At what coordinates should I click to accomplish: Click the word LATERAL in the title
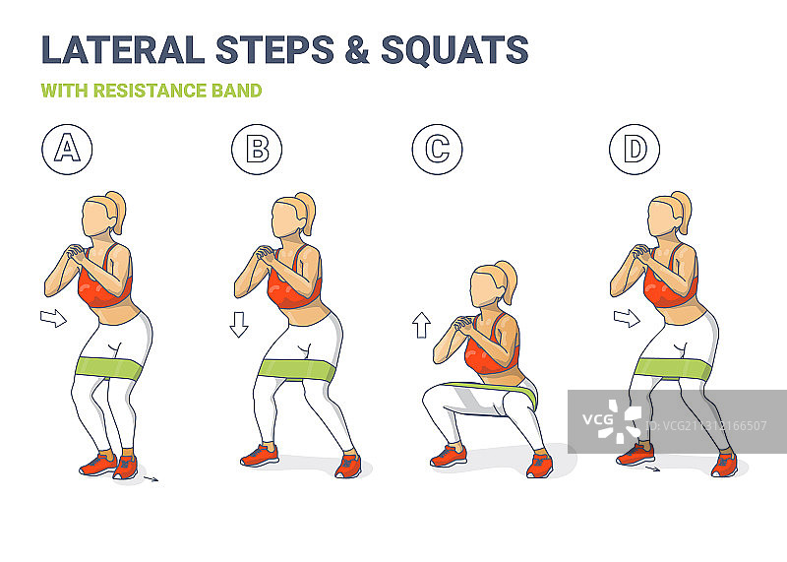(x=123, y=49)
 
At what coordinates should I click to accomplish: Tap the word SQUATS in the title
(x=454, y=49)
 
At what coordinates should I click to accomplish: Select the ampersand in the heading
(x=357, y=49)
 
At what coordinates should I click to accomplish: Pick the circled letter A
(x=67, y=150)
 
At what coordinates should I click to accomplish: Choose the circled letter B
(x=257, y=150)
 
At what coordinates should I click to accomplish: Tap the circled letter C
(x=437, y=150)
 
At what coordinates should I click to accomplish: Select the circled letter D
(x=635, y=150)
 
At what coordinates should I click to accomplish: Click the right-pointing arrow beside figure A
(x=53, y=318)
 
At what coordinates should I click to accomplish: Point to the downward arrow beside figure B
(x=239, y=325)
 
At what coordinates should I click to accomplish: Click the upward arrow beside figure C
(x=422, y=325)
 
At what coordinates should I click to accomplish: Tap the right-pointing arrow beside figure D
(x=627, y=318)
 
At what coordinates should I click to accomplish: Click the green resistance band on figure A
(x=109, y=368)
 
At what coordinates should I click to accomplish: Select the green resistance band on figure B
(x=297, y=370)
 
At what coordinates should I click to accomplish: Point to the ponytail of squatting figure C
(x=506, y=281)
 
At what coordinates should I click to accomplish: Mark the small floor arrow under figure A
(x=151, y=479)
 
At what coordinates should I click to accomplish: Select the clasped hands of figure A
(x=76, y=253)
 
